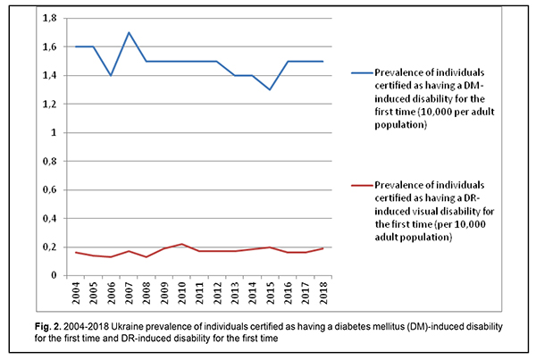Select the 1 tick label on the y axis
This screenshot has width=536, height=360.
click(x=40, y=132)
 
